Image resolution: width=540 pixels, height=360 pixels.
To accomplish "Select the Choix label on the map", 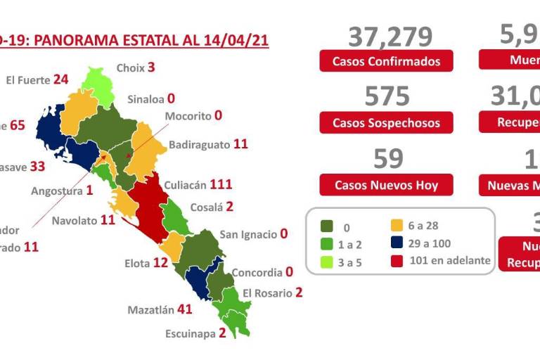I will coord(130,68).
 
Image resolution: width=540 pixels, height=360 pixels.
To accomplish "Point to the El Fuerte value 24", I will coord(60,79).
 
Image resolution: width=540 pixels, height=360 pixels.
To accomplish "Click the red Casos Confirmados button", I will coord(386,61).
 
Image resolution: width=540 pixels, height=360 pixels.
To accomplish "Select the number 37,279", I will coord(390,35).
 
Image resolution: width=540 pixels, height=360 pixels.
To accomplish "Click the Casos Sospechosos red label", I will coord(386,123).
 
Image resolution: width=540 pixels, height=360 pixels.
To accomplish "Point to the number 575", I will coord(387,96).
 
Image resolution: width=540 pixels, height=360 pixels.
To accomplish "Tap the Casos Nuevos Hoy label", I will coord(386,185).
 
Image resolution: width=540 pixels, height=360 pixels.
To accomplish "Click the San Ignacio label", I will coord(248,234).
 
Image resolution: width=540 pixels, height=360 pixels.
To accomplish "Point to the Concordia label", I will coord(257,272).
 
